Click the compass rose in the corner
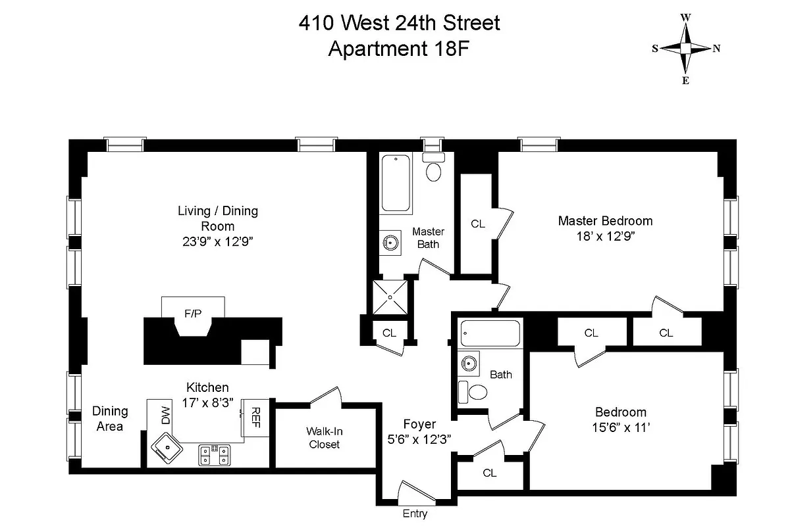(x=685, y=49)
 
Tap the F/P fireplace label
(x=193, y=314)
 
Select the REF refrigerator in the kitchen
(x=255, y=417)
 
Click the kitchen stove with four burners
(x=215, y=454)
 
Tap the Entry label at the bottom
(x=415, y=514)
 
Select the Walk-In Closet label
(x=324, y=438)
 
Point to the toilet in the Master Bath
(x=433, y=169)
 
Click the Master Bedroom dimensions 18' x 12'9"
(x=605, y=235)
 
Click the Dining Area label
(x=109, y=418)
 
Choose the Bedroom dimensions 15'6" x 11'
(x=620, y=427)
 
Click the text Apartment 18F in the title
(x=399, y=49)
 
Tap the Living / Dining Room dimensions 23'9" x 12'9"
(x=217, y=241)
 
